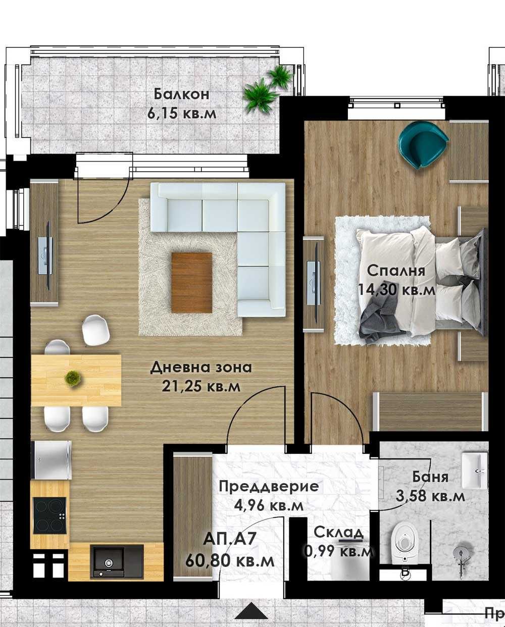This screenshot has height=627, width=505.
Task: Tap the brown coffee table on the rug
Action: pos(191,282)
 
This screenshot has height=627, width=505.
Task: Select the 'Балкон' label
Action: pos(182,94)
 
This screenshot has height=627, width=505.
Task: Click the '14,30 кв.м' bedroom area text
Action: pos(396,289)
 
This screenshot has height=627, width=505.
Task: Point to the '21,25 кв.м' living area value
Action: pos(200,386)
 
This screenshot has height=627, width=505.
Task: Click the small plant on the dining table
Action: pos(74,378)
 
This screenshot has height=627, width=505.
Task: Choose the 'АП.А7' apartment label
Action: pos(230,540)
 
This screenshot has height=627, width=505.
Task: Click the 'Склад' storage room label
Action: pos(338,533)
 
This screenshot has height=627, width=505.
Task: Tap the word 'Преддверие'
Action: pos(268,487)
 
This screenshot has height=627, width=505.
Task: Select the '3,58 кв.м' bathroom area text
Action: pos(430,496)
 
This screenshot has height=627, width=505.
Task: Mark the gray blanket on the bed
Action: pos(379,315)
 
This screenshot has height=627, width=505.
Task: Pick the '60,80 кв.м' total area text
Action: pos(230,560)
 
